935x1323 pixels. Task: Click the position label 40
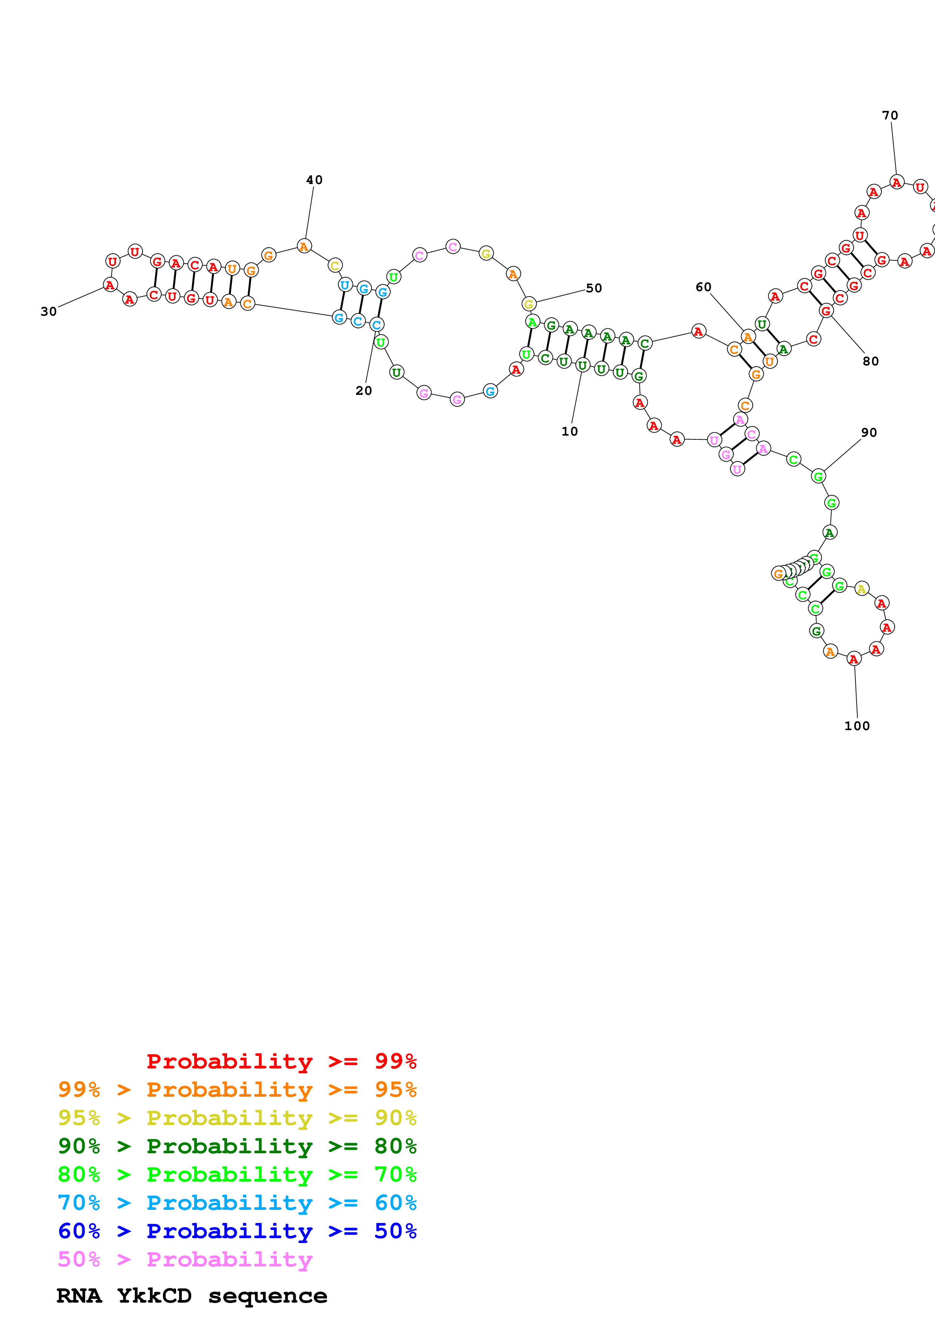click(x=314, y=180)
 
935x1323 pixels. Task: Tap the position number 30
click(x=48, y=312)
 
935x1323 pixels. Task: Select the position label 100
click(x=857, y=726)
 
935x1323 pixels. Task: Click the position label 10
click(x=569, y=431)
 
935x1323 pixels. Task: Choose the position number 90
click(x=869, y=432)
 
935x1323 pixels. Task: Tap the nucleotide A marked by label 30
click(x=110, y=285)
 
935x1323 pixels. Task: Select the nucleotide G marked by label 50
click(x=529, y=304)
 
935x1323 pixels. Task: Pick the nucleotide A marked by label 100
click(x=854, y=658)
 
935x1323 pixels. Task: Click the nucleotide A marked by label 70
click(x=897, y=183)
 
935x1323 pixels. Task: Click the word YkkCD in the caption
click(x=154, y=1295)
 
